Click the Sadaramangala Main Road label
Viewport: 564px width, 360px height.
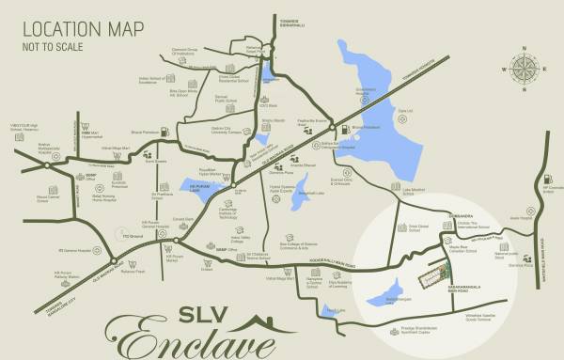[x=468, y=280]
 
